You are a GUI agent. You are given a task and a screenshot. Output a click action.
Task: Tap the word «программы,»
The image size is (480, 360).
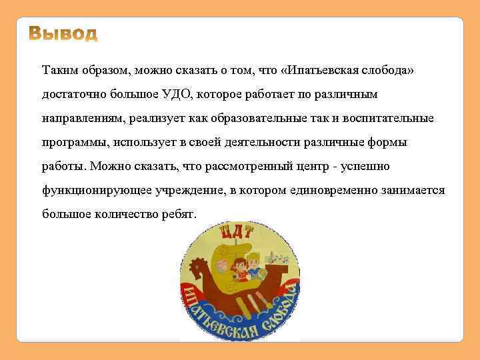74,142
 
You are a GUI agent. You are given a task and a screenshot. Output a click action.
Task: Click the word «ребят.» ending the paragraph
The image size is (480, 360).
179,214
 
